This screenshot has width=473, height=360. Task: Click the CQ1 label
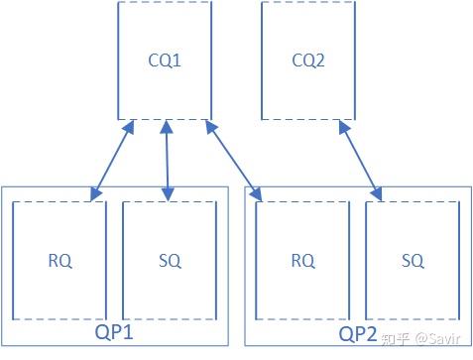click(166, 60)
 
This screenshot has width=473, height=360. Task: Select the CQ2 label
click(308, 60)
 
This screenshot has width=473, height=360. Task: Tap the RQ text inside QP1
click(59, 261)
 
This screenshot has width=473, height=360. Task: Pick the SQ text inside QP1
click(170, 261)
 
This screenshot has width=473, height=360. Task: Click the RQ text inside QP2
click(302, 261)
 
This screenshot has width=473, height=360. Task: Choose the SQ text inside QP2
click(413, 261)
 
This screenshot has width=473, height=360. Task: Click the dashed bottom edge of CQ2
click(308, 119)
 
